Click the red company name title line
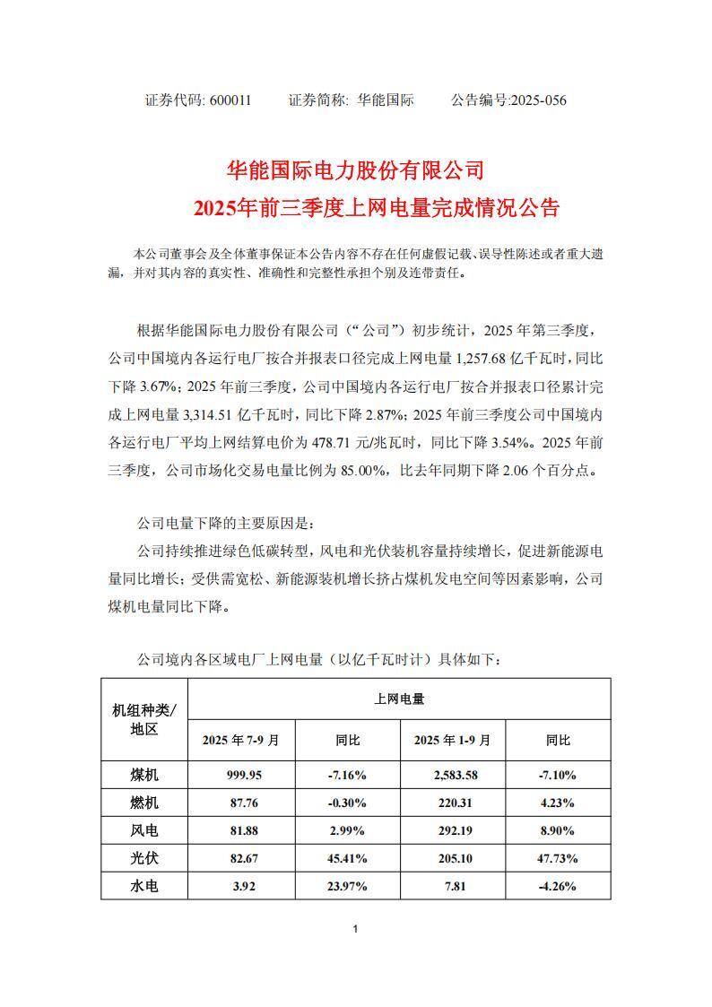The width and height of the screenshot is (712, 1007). click(355, 169)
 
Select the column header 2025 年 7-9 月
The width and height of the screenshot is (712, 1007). click(241, 741)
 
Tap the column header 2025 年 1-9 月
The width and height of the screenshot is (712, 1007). click(452, 741)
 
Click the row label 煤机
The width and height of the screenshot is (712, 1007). click(144, 774)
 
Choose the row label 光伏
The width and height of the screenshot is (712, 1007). click(144, 858)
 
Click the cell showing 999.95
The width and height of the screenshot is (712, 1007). click(241, 774)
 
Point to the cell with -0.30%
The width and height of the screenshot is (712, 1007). click(347, 803)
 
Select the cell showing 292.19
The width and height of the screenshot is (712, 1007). click(452, 830)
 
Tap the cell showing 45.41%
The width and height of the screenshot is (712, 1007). click(347, 858)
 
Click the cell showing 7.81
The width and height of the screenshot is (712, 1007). click(452, 886)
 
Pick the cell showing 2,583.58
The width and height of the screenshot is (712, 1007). click(452, 774)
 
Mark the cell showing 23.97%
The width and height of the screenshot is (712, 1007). click(347, 886)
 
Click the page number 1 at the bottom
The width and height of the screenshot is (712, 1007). click(356, 929)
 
